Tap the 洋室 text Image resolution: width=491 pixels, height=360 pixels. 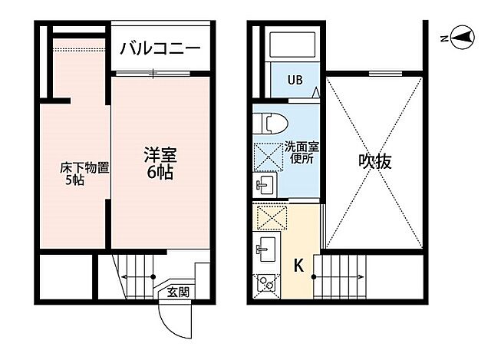click(x=160, y=153)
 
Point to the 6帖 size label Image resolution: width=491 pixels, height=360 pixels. click(x=160, y=172)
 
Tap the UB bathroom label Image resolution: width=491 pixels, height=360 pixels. click(x=295, y=81)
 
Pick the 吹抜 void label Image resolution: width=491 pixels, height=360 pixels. click(x=374, y=163)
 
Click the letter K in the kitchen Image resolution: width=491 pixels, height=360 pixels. click(x=299, y=267)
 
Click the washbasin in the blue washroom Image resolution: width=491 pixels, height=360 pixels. click(x=265, y=185)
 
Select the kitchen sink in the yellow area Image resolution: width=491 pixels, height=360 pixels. click(x=267, y=248)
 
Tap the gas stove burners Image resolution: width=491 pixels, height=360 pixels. click(x=266, y=283)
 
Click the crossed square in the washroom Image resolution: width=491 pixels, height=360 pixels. click(x=269, y=156)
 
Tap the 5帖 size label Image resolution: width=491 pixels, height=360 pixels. click(x=74, y=182)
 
